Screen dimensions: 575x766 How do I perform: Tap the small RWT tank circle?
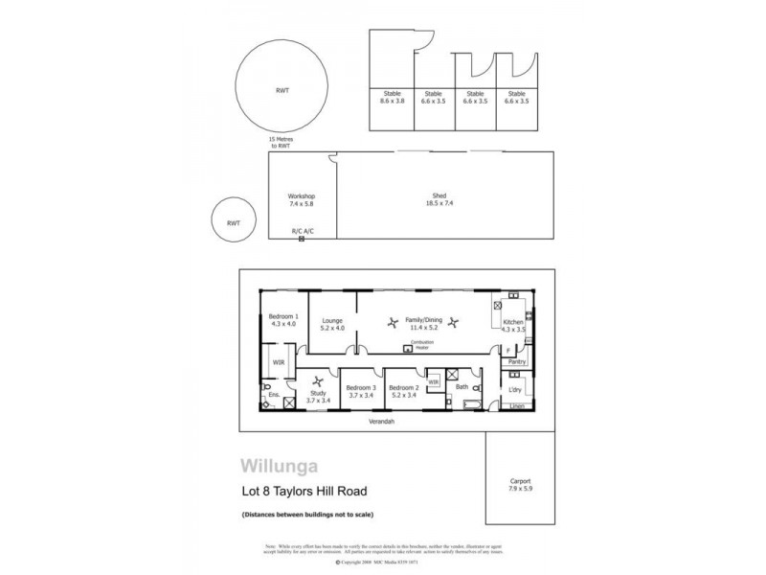(233, 222)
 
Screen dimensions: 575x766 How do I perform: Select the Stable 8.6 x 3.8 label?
(394, 97)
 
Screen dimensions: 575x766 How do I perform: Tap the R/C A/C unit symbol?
(302, 239)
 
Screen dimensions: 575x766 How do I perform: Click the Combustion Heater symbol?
(409, 349)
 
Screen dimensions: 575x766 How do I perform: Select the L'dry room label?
(515, 389)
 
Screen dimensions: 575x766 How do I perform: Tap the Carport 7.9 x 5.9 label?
(521, 484)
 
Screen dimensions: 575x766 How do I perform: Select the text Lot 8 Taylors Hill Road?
(302, 494)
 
